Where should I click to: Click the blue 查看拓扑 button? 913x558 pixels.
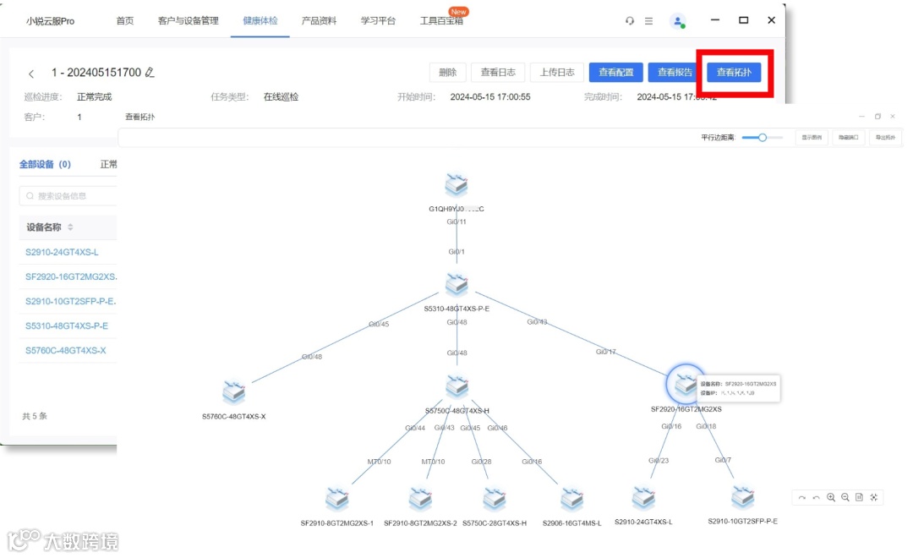tap(734, 73)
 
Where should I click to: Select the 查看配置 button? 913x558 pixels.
tap(615, 73)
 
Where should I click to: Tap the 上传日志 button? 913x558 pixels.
tap(557, 73)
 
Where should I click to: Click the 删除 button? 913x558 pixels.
tap(448, 73)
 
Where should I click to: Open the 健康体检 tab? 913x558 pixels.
tap(260, 20)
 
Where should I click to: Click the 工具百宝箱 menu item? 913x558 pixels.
tap(441, 20)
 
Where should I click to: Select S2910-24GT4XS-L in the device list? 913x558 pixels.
tap(62, 252)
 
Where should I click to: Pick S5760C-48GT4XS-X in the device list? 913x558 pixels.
tap(65, 350)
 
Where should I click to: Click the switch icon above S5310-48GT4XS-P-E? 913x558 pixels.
tap(456, 285)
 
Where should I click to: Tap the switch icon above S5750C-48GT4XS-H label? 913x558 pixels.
tap(456, 387)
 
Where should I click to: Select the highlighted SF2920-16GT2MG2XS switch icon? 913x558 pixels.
tap(684, 385)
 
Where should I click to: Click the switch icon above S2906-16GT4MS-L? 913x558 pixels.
tap(572, 500)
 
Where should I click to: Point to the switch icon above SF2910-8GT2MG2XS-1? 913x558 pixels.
tap(337, 499)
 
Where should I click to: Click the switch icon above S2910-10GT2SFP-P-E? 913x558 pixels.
tap(742, 497)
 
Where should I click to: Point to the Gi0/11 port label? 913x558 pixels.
tap(456, 222)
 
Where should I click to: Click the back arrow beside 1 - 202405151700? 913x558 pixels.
tap(31, 74)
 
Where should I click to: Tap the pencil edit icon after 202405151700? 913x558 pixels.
tap(150, 73)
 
